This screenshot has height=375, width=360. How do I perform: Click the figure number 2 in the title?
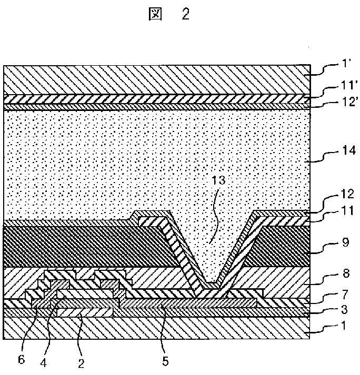(185, 14)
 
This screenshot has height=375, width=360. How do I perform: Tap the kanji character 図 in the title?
(156, 15)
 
